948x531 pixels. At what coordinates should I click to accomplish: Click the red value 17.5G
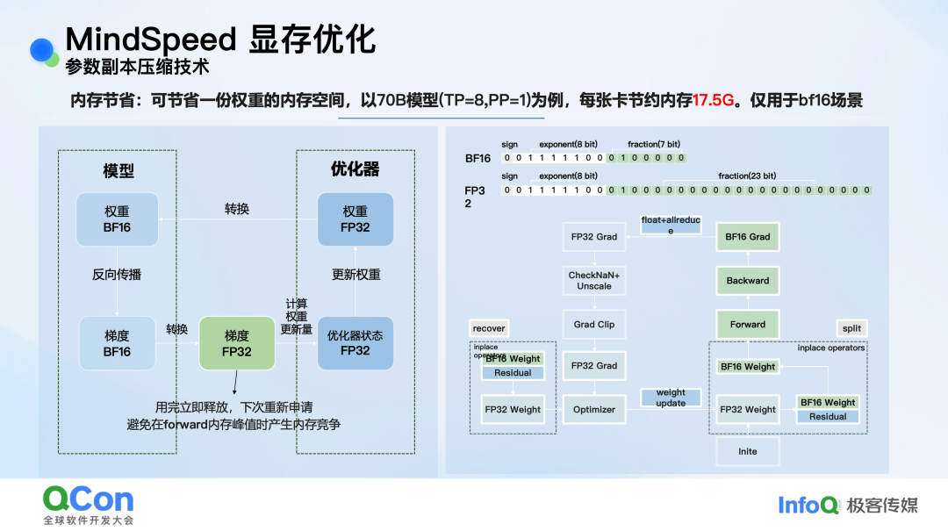[x=713, y=100]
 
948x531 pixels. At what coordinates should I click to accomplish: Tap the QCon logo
[x=89, y=500]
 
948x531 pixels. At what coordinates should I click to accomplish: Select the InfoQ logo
[x=808, y=505]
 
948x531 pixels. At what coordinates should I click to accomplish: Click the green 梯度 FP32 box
[x=237, y=343]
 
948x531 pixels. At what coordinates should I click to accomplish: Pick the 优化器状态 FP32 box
[x=355, y=343]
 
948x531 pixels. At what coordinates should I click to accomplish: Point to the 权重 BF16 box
[x=117, y=219]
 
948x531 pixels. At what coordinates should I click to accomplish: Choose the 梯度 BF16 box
[x=117, y=343]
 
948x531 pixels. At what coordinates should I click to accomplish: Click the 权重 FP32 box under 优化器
[x=355, y=219]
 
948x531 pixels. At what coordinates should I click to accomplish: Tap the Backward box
[x=747, y=281]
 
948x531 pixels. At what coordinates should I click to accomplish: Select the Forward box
[x=747, y=325]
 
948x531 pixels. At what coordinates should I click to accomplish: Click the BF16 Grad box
[x=747, y=237]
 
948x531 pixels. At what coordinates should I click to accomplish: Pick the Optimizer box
[x=594, y=409]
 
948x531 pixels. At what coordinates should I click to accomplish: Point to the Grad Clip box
[x=594, y=325]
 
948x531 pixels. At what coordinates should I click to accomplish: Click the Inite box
[x=747, y=451]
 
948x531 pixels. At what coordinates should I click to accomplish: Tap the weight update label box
[x=671, y=398]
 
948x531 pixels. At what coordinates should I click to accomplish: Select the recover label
[x=489, y=328]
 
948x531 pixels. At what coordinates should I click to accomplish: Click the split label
[x=851, y=328]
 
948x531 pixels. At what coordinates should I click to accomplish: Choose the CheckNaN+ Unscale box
[x=594, y=281]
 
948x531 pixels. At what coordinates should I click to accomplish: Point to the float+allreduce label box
[x=671, y=226]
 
